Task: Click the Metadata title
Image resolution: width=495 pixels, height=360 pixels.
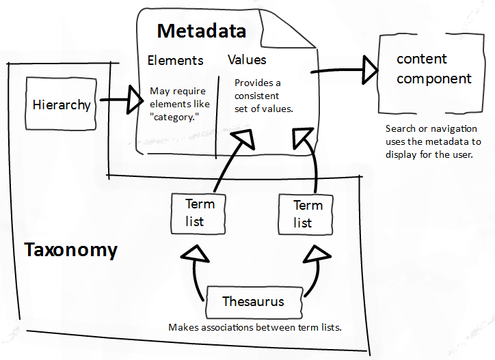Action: (202, 31)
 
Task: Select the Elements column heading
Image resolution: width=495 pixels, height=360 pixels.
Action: (175, 60)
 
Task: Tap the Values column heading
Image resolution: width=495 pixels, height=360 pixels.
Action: (247, 59)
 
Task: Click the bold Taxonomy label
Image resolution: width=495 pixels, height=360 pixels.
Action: (70, 250)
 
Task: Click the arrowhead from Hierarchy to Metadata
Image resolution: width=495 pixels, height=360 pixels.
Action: (134, 100)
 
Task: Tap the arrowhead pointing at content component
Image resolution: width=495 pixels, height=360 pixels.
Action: (370, 70)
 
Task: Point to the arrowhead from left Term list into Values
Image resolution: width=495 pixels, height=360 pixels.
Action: (244, 138)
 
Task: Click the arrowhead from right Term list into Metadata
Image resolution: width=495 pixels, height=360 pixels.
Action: (302, 137)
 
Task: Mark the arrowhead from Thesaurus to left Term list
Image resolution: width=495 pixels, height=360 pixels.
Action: (196, 254)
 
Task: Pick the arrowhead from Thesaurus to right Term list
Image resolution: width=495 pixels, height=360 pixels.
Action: (317, 254)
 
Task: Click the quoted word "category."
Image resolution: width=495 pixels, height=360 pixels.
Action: (174, 117)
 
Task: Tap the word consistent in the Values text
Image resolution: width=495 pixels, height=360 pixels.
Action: (256, 96)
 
